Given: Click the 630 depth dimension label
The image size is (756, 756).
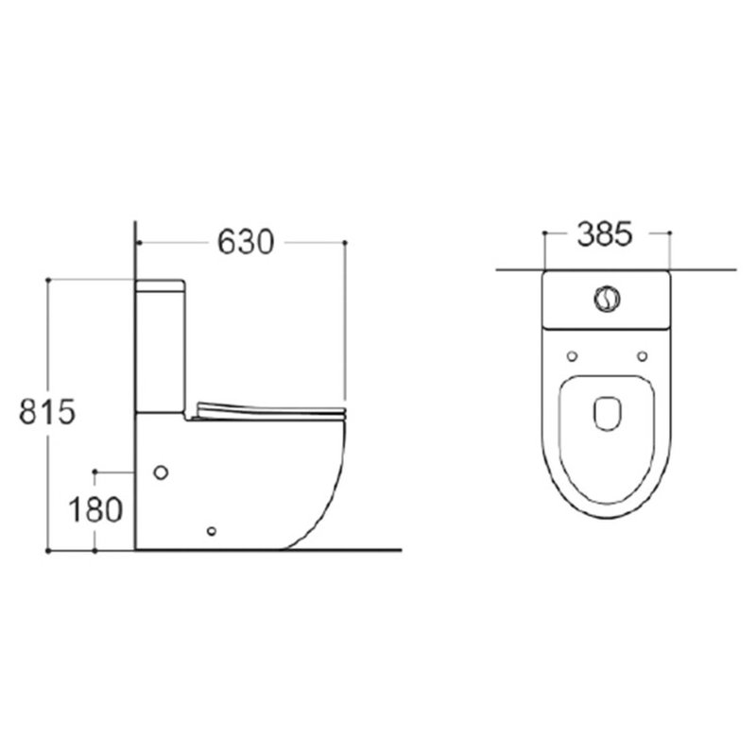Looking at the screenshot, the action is coord(246,242).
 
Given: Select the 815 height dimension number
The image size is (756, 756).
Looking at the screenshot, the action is coord(47,412).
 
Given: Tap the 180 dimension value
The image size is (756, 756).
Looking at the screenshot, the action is coord(95,510).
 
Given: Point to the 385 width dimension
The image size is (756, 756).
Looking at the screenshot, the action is coord(604,234).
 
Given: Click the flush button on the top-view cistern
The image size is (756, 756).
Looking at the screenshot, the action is coord(607,299).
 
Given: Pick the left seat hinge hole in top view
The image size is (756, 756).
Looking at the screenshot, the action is coord(572,356).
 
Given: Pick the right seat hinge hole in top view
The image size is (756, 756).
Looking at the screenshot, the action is coord(643,356).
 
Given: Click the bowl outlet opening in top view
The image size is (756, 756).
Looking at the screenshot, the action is coord(607,414).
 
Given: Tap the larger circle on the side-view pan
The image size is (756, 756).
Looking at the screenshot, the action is coord(161,472).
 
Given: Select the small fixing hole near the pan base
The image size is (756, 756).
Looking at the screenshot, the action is coord(211,531).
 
